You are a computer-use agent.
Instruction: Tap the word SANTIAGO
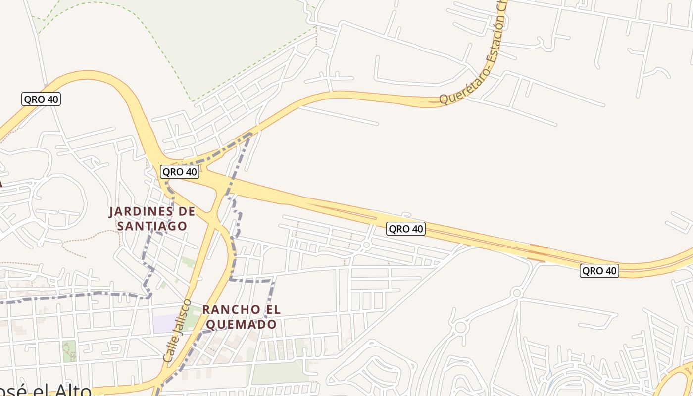(x=152, y=226)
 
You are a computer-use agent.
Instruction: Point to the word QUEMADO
(x=241, y=325)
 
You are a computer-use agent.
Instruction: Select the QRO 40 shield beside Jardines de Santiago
(x=180, y=172)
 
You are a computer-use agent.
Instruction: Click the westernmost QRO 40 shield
(x=41, y=99)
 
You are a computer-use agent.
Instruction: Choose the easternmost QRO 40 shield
(x=599, y=271)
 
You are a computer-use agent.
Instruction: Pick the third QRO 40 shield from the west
(x=406, y=229)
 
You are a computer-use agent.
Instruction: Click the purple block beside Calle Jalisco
(x=164, y=323)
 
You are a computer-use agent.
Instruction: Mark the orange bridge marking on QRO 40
(x=538, y=252)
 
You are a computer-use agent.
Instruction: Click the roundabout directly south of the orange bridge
(x=517, y=293)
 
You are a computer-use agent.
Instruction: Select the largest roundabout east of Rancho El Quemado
(x=461, y=327)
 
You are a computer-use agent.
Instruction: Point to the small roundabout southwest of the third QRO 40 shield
(x=366, y=245)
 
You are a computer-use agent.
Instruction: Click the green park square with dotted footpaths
(x=70, y=350)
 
